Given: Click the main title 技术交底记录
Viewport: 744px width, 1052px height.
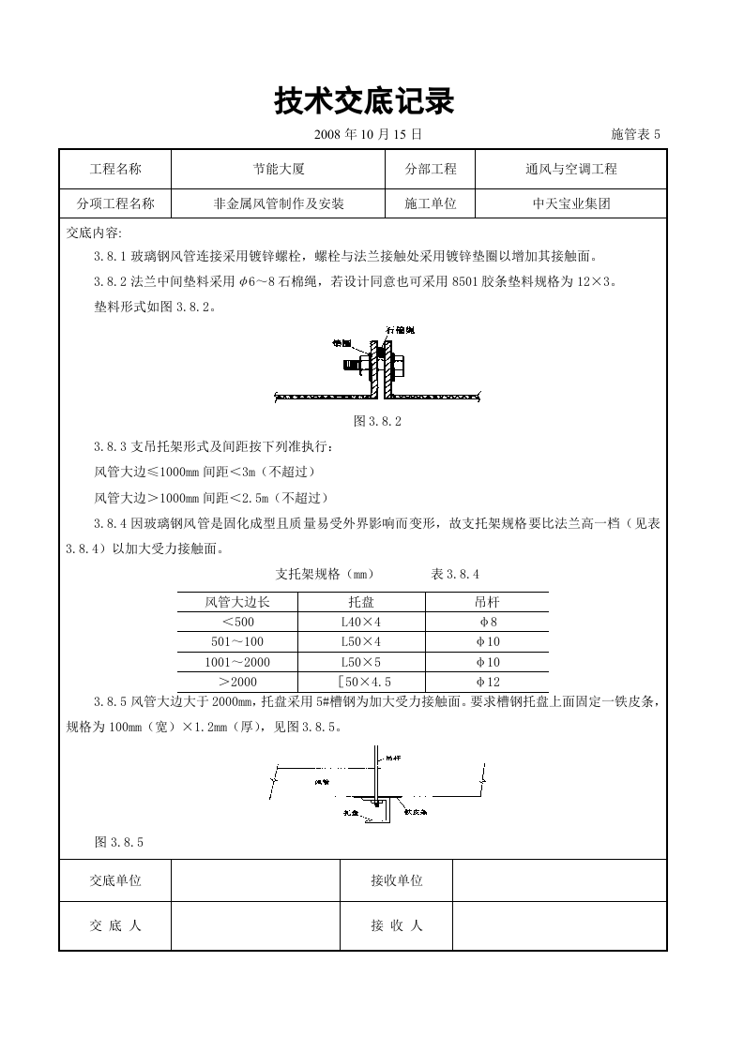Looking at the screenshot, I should [364, 101].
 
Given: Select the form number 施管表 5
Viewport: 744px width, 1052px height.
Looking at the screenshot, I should [635, 135].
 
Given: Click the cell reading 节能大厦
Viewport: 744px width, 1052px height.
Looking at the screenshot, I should [279, 170].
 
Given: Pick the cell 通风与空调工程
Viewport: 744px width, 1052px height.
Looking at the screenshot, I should [570, 170].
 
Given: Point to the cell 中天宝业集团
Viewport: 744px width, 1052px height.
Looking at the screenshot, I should [570, 203].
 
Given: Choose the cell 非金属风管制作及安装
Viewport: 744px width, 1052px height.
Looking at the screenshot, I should [279, 203].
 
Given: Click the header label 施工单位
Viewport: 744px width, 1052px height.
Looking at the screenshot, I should [431, 203].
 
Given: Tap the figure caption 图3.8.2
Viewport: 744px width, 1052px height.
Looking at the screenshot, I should [376, 421].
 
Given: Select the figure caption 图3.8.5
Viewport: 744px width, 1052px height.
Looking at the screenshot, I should [118, 842].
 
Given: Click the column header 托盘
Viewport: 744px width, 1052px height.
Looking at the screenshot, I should [360, 601].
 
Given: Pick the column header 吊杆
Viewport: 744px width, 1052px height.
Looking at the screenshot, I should [487, 601].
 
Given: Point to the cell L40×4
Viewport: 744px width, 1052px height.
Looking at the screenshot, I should [360, 622].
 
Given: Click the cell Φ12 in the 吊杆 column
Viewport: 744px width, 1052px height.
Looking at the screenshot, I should [487, 683].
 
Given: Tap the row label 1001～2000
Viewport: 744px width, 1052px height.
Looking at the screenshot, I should [237, 662].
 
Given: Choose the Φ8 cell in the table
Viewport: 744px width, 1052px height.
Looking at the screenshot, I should [487, 622].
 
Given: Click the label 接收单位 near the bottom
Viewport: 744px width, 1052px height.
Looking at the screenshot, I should [396, 881].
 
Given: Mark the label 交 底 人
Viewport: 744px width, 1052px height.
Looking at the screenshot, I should [115, 926].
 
